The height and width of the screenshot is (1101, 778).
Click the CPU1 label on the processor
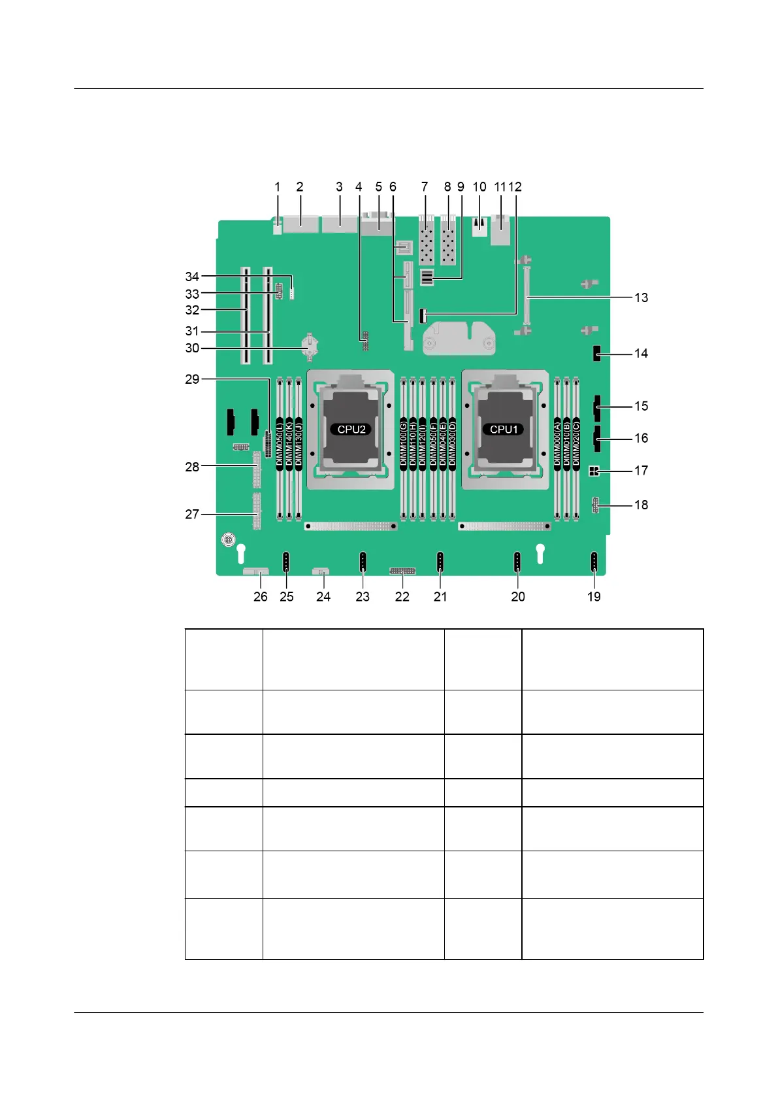[504, 430]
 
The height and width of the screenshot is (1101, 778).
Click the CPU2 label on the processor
[351, 430]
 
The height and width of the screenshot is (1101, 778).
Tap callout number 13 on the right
[641, 297]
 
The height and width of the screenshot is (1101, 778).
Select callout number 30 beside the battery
[192, 348]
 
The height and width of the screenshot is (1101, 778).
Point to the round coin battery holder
[311, 347]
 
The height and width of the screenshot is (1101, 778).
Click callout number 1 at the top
[278, 187]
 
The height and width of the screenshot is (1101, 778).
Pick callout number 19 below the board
[594, 596]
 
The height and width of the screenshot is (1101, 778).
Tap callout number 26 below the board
[261, 596]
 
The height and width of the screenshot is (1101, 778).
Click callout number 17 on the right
[641, 470]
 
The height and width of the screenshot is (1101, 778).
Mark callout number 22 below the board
[402, 596]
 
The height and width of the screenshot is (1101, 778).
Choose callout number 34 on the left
[192, 277]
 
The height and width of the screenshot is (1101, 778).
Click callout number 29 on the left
[192, 379]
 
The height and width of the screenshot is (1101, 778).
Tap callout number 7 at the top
[425, 187]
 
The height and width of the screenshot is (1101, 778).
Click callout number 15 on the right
[641, 406]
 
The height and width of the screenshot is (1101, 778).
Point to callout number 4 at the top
[359, 187]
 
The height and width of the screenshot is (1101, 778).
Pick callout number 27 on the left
[192, 514]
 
